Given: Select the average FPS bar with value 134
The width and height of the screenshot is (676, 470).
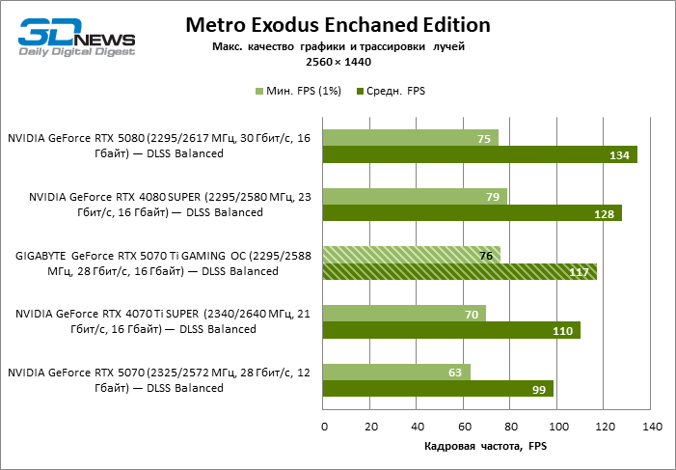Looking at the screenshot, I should coord(479,154).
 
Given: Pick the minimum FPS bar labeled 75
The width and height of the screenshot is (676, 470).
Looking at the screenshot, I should coord(410,138).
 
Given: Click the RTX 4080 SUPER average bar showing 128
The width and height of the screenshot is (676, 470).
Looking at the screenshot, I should coord(473,213).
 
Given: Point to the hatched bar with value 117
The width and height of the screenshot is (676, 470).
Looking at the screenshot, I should coord(459,272).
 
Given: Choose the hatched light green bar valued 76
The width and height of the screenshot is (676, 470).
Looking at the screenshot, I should coord(411,255).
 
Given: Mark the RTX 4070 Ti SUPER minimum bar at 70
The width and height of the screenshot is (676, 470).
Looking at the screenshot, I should coord(404,314).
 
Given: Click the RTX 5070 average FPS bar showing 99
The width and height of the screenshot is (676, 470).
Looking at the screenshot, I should coord(438,389).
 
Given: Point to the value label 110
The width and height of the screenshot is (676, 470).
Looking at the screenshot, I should coord(563,331).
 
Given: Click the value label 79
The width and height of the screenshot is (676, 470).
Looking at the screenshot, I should coord(493,197).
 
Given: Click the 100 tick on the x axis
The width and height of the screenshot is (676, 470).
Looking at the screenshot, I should coord(556,426).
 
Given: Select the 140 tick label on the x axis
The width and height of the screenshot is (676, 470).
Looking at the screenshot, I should coord(651,426).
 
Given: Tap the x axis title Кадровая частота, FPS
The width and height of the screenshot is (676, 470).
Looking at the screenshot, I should coord(486,447).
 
